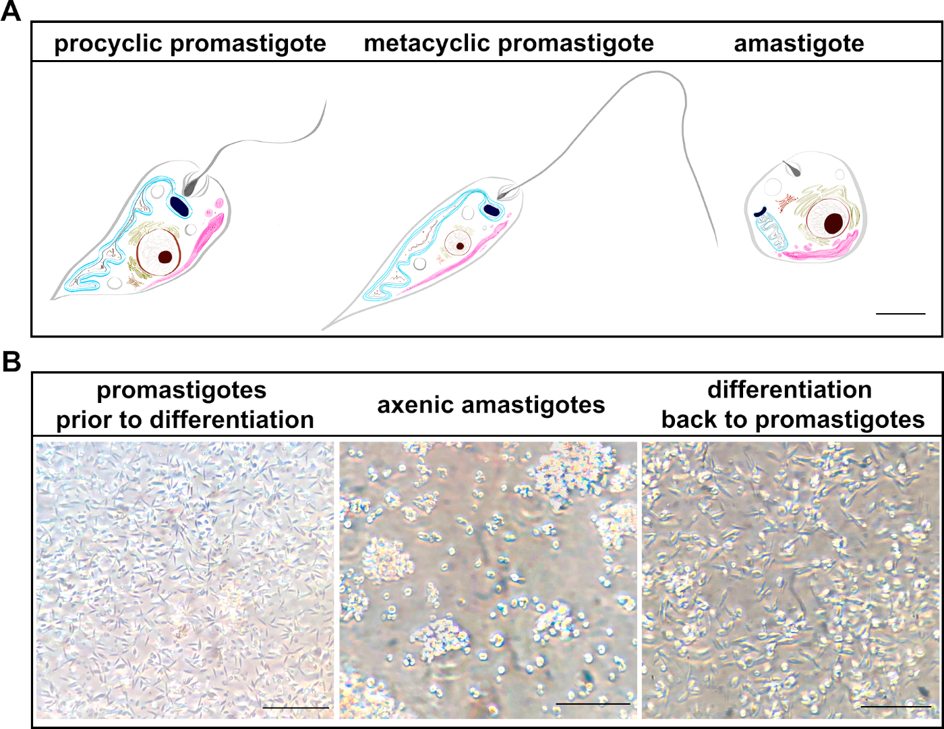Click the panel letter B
coord(11,362)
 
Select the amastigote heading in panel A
coord(799,44)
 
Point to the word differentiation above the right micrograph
coord(790,390)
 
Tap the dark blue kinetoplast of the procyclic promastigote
coord(179,205)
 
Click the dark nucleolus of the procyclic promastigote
coord(165,256)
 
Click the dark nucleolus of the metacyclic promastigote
coord(460,246)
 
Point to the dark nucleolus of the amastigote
coord(834,223)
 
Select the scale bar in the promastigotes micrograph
coord(295,707)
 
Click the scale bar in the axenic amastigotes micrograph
coord(593,704)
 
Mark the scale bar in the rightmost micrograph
coord(895,707)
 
